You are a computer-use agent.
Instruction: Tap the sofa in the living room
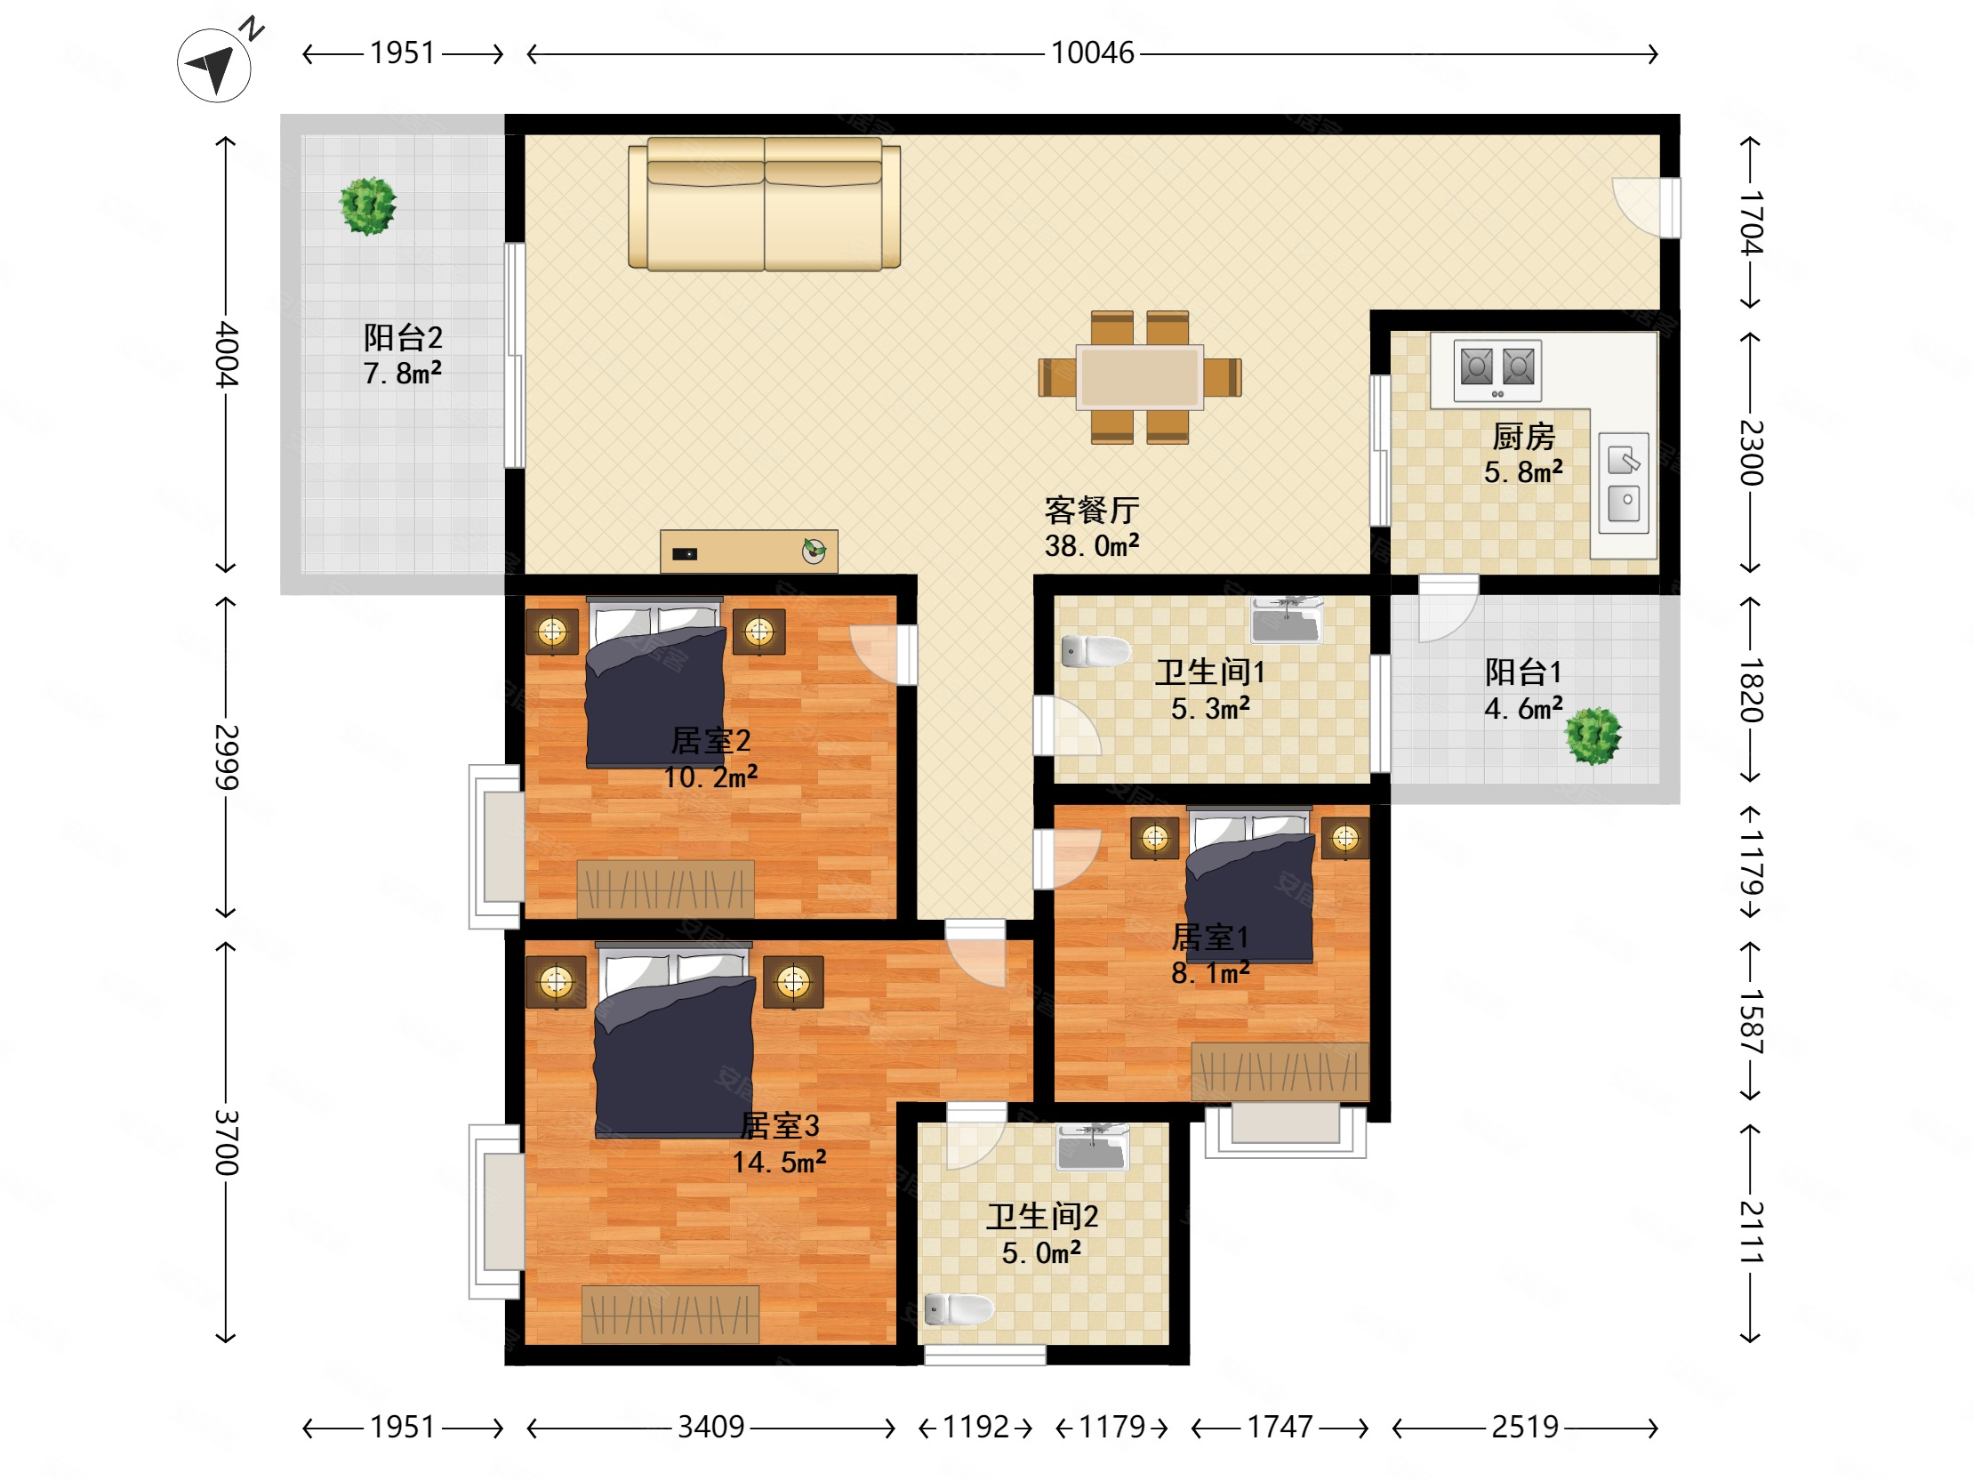[764, 204]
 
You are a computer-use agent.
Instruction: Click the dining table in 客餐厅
[1140, 378]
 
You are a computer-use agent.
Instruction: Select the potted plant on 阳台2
[367, 206]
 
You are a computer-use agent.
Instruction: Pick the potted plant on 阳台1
[1593, 736]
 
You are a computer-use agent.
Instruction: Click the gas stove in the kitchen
[1497, 369]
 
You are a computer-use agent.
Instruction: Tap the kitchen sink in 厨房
[1624, 483]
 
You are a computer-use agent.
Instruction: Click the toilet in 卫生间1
[1095, 652]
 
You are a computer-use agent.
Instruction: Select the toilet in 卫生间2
[959, 1309]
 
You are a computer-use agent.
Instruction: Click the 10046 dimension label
[1092, 53]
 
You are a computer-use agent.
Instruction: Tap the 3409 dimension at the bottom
[710, 1428]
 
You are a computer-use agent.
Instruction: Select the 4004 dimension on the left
[228, 354]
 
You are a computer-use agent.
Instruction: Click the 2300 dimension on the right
[1752, 453]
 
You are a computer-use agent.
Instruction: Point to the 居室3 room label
[779, 1126]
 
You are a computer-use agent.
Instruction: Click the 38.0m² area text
[1092, 545]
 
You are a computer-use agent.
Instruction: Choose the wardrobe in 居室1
[1280, 1071]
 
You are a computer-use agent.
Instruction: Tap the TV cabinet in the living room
[749, 551]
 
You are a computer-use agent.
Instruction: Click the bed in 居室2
[655, 683]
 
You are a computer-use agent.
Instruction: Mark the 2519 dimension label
[1525, 1428]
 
